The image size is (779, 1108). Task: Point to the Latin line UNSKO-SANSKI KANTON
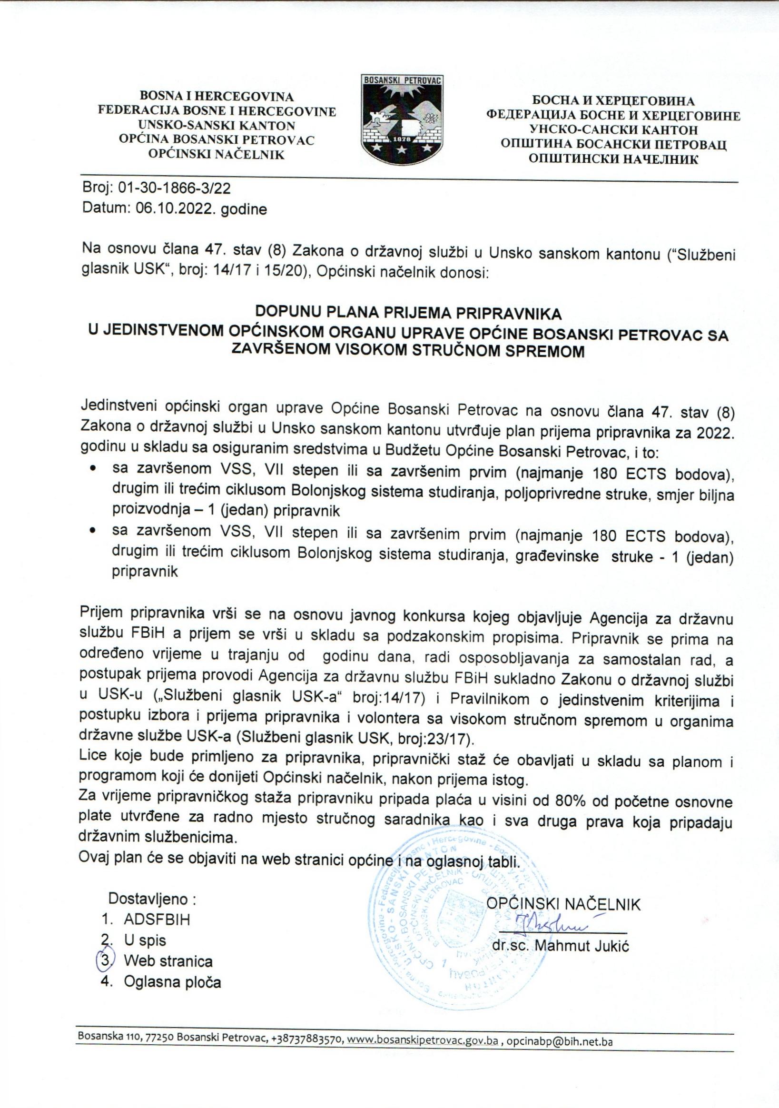217,126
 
